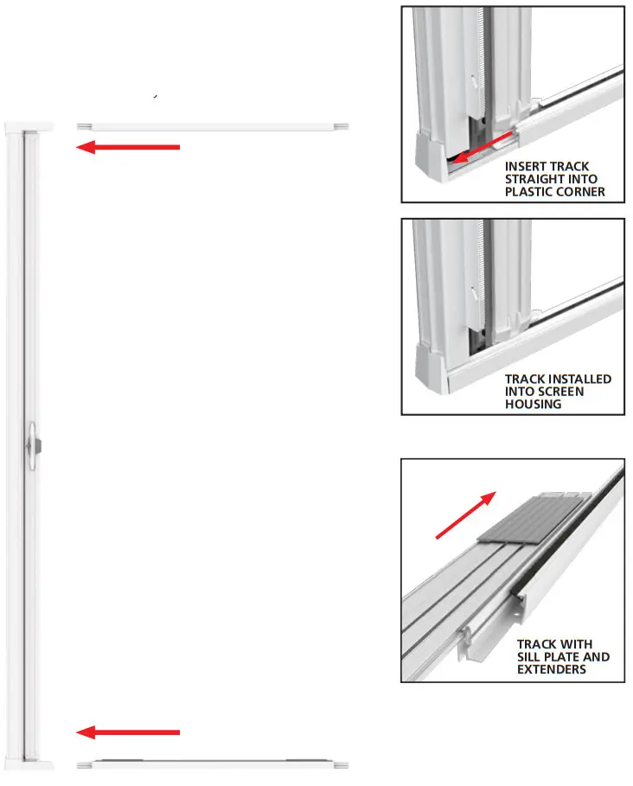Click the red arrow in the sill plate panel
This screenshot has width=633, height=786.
point(465,515)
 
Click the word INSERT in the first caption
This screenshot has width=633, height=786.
point(525,166)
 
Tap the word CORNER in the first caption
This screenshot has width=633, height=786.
point(579,192)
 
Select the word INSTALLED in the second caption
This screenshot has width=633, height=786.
point(577,379)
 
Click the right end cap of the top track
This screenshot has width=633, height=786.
point(342,126)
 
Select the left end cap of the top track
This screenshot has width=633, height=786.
point(84,126)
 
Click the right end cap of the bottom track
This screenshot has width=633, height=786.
point(342,764)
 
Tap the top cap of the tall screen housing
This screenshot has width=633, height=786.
point(30,126)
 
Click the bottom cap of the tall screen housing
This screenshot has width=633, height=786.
point(30,764)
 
